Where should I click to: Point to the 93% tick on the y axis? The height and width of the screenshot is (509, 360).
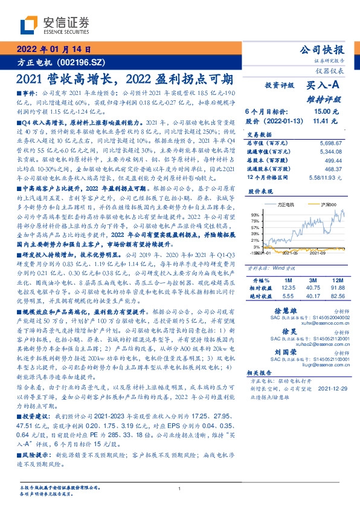pyautogui.click(x=257, y=215)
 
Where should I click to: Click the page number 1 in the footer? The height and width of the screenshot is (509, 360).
pyautogui.click(x=180, y=488)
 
